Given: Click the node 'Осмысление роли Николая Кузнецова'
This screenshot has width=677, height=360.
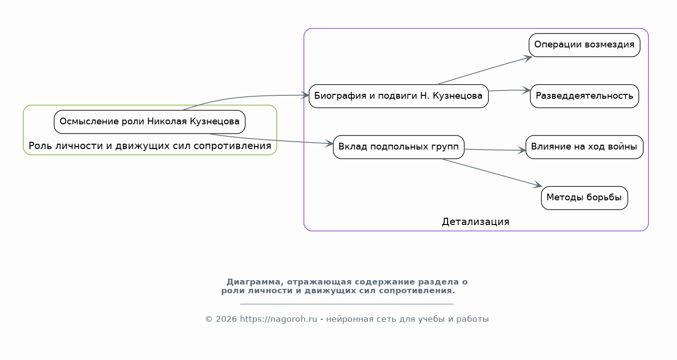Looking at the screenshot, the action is [150, 122].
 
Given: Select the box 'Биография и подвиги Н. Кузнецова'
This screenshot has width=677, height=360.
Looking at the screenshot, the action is [399, 96].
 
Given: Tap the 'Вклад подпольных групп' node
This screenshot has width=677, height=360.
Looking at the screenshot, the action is [399, 147].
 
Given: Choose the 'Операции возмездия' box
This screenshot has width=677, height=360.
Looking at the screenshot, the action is [584, 45].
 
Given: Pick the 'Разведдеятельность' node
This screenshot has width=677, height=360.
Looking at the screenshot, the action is [584, 96].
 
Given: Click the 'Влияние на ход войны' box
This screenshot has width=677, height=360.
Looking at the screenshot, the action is [584, 147].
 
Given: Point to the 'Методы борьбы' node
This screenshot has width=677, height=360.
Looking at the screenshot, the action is [584, 198].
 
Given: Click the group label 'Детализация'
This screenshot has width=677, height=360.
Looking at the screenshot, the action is [476, 222].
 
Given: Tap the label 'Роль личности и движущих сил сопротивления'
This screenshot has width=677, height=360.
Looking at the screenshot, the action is [150, 146].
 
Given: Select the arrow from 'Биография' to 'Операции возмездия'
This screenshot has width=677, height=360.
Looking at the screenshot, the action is [484, 70].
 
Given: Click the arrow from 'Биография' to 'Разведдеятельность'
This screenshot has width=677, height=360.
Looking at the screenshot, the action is [510, 90].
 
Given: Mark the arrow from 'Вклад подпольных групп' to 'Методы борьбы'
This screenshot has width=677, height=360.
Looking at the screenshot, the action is [492, 172].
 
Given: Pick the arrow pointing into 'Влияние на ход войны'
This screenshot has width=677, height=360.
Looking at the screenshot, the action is [495, 150].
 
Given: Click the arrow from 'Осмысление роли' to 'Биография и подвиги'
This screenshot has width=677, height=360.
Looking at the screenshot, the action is [242, 97].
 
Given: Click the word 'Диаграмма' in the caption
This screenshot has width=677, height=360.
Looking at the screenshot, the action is [254, 282].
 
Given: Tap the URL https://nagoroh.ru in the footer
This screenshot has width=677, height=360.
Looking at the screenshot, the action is [278, 319].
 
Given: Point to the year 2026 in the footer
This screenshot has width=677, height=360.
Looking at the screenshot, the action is [226, 319].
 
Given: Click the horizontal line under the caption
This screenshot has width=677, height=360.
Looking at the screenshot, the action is [347, 304].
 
